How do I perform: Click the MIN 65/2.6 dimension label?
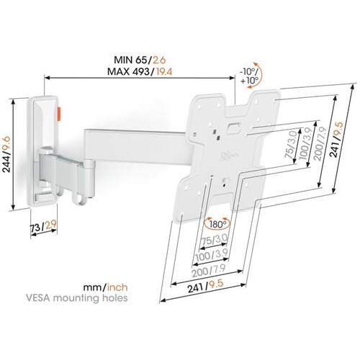140,60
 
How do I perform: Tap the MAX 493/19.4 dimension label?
140,71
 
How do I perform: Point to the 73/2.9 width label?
43,226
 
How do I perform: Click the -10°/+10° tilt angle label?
249,76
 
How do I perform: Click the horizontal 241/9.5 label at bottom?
205,286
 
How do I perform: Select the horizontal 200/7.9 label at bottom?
208,271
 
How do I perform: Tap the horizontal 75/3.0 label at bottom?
214,240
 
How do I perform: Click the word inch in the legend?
117,287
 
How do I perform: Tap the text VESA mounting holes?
76,298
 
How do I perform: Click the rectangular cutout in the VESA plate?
233,127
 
